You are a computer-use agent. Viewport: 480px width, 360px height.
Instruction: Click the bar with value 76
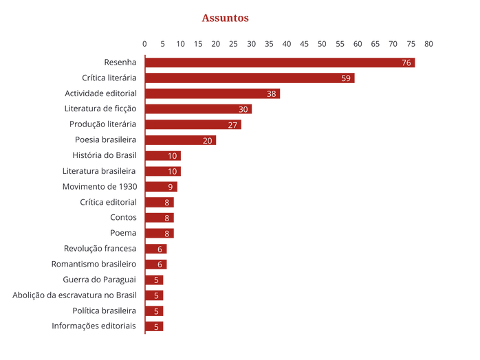282,63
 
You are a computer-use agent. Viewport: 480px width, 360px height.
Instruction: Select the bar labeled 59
252,78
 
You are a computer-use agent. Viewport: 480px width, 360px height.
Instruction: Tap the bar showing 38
215,93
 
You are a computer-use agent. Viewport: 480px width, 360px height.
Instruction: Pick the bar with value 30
200,109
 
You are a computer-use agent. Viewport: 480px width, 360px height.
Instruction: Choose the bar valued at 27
195,124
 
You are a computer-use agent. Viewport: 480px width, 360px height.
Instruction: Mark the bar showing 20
182,140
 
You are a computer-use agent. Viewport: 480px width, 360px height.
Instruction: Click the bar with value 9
163,187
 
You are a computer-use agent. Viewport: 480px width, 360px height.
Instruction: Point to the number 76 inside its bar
406,63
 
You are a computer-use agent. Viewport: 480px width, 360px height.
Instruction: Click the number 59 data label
346,78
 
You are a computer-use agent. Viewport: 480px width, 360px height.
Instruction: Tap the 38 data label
271,93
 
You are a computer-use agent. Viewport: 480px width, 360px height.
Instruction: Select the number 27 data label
232,124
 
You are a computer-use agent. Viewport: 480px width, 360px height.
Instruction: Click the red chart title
225,18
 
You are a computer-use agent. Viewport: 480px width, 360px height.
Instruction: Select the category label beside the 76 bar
120,63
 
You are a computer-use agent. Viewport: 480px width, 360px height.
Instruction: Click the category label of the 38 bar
100,93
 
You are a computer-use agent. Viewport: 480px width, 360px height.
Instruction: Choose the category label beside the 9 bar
100,187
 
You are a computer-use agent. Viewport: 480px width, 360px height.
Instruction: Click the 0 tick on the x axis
144,43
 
